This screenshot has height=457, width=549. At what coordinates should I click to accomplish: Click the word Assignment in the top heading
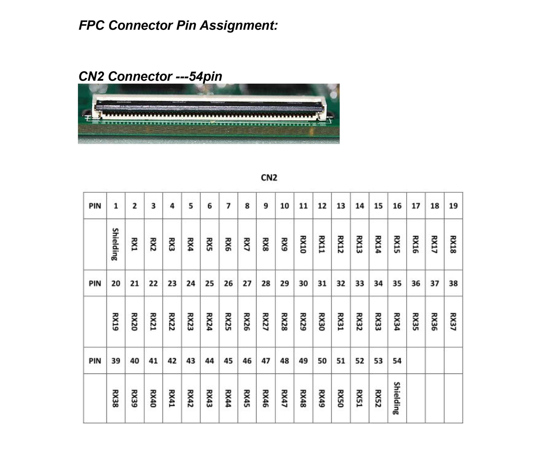tap(239, 26)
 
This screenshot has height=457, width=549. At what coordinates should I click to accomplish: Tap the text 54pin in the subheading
tap(206, 77)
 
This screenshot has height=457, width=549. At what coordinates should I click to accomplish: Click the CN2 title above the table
tap(269, 177)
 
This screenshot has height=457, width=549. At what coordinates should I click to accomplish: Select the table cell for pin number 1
tap(116, 206)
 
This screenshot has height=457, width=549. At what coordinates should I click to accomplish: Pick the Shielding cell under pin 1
tap(116, 244)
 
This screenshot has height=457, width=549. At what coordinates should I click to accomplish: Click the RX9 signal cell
tap(284, 244)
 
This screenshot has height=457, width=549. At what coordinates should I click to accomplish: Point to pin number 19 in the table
tap(453, 206)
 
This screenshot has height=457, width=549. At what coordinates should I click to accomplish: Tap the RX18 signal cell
tap(453, 244)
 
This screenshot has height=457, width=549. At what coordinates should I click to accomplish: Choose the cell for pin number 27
tap(247, 283)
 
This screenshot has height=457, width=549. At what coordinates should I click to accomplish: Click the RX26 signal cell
tap(247, 322)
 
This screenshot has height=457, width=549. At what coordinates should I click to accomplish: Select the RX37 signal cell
tap(453, 322)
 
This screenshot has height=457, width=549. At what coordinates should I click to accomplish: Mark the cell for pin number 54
tap(397, 361)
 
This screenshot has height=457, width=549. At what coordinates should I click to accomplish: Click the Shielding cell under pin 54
tap(397, 398)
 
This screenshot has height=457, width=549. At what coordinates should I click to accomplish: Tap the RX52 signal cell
tap(378, 398)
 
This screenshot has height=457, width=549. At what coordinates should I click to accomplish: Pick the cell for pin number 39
tap(116, 361)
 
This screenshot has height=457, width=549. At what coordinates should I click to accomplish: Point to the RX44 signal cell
tap(228, 398)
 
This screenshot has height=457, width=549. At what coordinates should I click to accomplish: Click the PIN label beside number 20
tap(95, 283)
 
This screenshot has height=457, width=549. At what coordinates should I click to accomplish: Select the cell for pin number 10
tap(284, 206)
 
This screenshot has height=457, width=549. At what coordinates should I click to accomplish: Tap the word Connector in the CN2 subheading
tap(140, 77)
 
